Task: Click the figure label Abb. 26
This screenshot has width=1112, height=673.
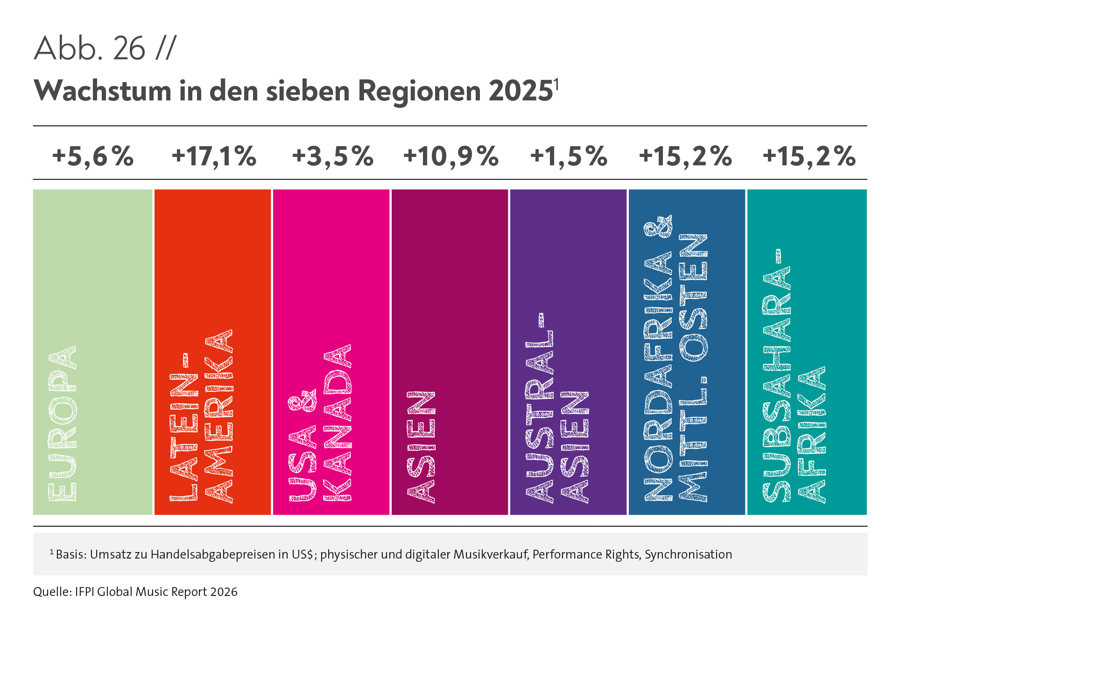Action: tap(90, 48)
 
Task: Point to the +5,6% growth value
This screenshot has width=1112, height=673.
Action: tap(93, 156)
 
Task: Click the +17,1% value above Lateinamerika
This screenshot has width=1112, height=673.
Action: tap(214, 156)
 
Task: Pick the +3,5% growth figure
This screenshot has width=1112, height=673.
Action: tap(332, 156)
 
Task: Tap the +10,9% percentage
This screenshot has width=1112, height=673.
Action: tap(450, 156)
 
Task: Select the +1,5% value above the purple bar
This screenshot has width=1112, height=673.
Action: tap(569, 156)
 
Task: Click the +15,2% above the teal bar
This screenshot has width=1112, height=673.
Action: tap(809, 156)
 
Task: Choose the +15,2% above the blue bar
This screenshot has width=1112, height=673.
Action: tap(685, 156)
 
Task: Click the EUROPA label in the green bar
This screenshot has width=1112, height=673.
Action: tap(62, 423)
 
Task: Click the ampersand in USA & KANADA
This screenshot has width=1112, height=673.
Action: tap(302, 400)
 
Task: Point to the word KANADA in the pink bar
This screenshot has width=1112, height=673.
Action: tap(338, 423)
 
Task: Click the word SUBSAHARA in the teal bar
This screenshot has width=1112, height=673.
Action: tap(776, 376)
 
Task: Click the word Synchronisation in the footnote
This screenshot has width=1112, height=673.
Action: tap(688, 554)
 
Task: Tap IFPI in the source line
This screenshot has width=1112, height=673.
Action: tap(85, 592)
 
